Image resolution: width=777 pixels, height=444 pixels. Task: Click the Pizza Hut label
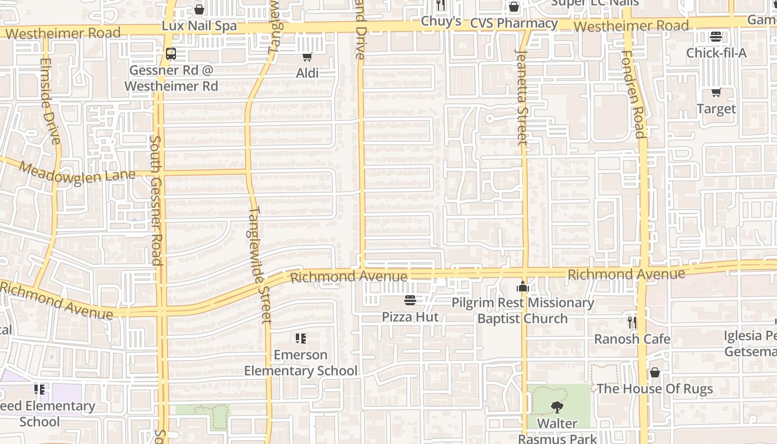[410, 317]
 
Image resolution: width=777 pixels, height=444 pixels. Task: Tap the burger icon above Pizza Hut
[410, 300]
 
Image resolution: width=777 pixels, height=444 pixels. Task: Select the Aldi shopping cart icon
[307, 57]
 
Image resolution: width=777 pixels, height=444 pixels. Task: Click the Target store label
[716, 109]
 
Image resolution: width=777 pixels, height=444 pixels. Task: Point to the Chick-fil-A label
[716, 53]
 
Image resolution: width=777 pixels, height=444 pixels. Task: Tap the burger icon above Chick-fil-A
[716, 37]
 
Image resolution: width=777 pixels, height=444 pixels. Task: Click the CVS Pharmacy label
[513, 23]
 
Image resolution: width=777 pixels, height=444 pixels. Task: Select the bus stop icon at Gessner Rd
[171, 54]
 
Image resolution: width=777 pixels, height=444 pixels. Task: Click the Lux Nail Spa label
[199, 26]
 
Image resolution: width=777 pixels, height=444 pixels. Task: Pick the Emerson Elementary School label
[301, 362]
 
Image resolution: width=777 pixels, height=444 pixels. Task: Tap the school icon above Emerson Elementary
[301, 339]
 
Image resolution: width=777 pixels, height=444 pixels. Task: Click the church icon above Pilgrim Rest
[522, 287]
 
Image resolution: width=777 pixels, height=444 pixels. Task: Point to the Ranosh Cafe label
[632, 339]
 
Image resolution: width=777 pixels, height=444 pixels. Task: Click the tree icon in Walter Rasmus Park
[557, 408]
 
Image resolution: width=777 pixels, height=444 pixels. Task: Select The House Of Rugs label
[654, 389]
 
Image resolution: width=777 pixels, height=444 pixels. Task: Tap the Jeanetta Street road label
[522, 97]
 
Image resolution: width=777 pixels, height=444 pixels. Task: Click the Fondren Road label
[633, 94]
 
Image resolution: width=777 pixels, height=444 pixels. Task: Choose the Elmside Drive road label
[50, 101]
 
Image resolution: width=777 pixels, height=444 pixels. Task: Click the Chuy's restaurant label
[441, 21]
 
